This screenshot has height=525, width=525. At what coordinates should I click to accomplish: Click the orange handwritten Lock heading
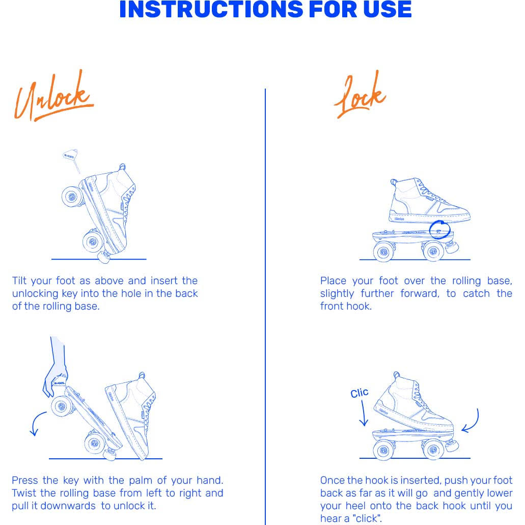tap(360, 95)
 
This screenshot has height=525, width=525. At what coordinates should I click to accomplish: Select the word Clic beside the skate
tap(360, 393)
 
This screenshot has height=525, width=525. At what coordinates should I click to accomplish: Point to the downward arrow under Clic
tap(363, 413)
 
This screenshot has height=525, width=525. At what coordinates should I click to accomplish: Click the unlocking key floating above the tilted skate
tap(71, 160)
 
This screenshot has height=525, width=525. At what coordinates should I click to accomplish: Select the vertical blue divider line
tap(265, 307)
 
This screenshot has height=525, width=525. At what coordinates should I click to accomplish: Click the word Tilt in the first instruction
tap(19, 280)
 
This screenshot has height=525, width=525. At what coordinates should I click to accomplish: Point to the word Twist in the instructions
tap(24, 493)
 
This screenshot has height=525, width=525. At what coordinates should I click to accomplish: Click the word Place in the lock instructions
tap(333, 280)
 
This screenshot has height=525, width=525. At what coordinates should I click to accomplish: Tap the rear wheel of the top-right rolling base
tap(384, 252)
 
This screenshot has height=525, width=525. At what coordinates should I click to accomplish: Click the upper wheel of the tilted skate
tap(72, 196)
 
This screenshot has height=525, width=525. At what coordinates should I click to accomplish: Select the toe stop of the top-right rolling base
tap(452, 247)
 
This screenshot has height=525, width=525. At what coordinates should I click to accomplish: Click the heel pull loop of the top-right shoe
tap(394, 182)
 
